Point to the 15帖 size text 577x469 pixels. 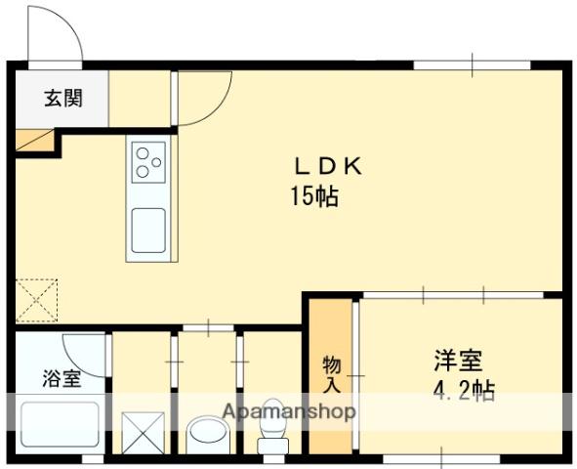coord(313,197)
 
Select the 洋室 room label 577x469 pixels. coord(457,361)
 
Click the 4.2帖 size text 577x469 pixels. coord(463,392)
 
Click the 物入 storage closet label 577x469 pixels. coord(332,374)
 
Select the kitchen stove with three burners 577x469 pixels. coord(148,162)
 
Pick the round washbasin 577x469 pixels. coord(205,430)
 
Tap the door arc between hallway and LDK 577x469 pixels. coord(203,98)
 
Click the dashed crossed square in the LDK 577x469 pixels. coord(37,301)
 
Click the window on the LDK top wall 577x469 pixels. coord(472,65)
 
